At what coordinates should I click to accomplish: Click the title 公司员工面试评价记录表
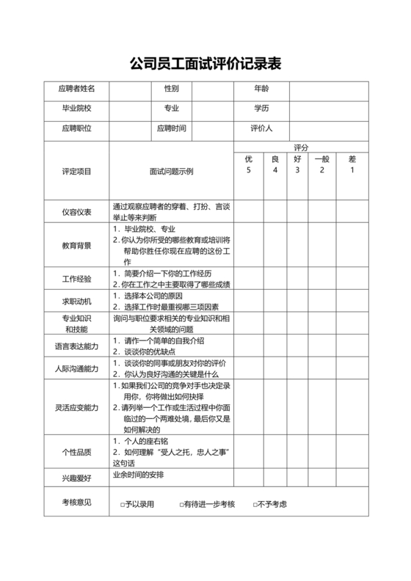tap(205, 64)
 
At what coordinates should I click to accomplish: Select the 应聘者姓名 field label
tap(76, 89)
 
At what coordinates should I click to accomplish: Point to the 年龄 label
tap(262, 89)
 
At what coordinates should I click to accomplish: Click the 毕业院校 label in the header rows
tap(76, 109)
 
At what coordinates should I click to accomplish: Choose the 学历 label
tap(262, 109)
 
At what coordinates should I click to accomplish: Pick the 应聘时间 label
tap(172, 129)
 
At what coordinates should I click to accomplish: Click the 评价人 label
tap(262, 129)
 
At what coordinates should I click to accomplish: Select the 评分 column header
tap(301, 147)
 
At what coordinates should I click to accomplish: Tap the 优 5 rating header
tap(249, 164)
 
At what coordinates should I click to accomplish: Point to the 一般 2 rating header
tap(321, 164)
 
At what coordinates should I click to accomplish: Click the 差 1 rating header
tap(352, 164)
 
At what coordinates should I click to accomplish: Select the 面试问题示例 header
tap(171, 172)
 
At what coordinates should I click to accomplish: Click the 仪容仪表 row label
tap(76, 213)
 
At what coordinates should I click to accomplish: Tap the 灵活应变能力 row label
tap(76, 407)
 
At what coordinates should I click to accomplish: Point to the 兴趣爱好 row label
tap(76, 478)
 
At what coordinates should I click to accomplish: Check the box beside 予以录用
tap(123, 505)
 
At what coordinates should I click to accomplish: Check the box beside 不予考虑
tap(254, 505)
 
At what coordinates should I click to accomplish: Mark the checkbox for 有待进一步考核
tap(182, 505)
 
